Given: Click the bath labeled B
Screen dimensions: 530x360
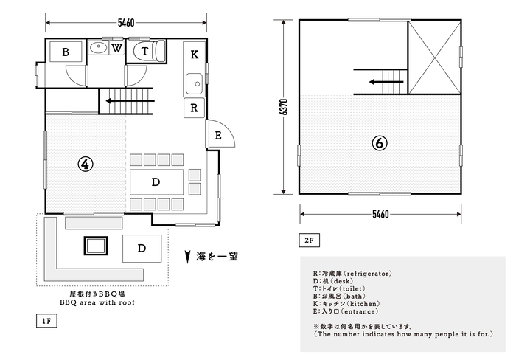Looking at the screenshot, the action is pos(66,52).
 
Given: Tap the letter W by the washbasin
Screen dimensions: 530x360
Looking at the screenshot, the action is pos(116,48).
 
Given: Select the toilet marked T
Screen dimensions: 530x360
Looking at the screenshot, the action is pos(150,51).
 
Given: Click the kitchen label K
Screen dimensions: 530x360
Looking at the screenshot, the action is pos(195,55).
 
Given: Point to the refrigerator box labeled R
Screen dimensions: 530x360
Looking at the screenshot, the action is pos(195,108).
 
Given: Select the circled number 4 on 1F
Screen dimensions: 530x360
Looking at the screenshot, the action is pos(86,164).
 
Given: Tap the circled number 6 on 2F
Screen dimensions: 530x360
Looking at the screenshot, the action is pos(380,143).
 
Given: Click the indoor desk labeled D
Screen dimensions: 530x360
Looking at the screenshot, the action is pos(156,182).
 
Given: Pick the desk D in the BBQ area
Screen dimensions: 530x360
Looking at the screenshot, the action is pos(142,249).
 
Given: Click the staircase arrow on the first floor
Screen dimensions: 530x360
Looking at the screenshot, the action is pos(130,100).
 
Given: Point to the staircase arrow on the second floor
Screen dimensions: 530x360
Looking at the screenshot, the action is pos(386,82).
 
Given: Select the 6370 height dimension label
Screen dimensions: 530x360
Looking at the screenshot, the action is pos(284,107).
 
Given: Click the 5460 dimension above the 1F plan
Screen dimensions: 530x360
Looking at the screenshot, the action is pos(126,23).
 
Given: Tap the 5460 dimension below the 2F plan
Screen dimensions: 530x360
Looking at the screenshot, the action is pos(380,214).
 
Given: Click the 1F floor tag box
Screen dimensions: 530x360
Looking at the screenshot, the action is pos(46,321).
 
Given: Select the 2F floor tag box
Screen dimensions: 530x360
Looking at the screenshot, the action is pos(310,240).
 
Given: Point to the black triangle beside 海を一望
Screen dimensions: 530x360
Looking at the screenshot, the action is pos(187,257).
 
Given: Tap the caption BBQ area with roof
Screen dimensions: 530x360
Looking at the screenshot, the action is pos(97,302).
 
